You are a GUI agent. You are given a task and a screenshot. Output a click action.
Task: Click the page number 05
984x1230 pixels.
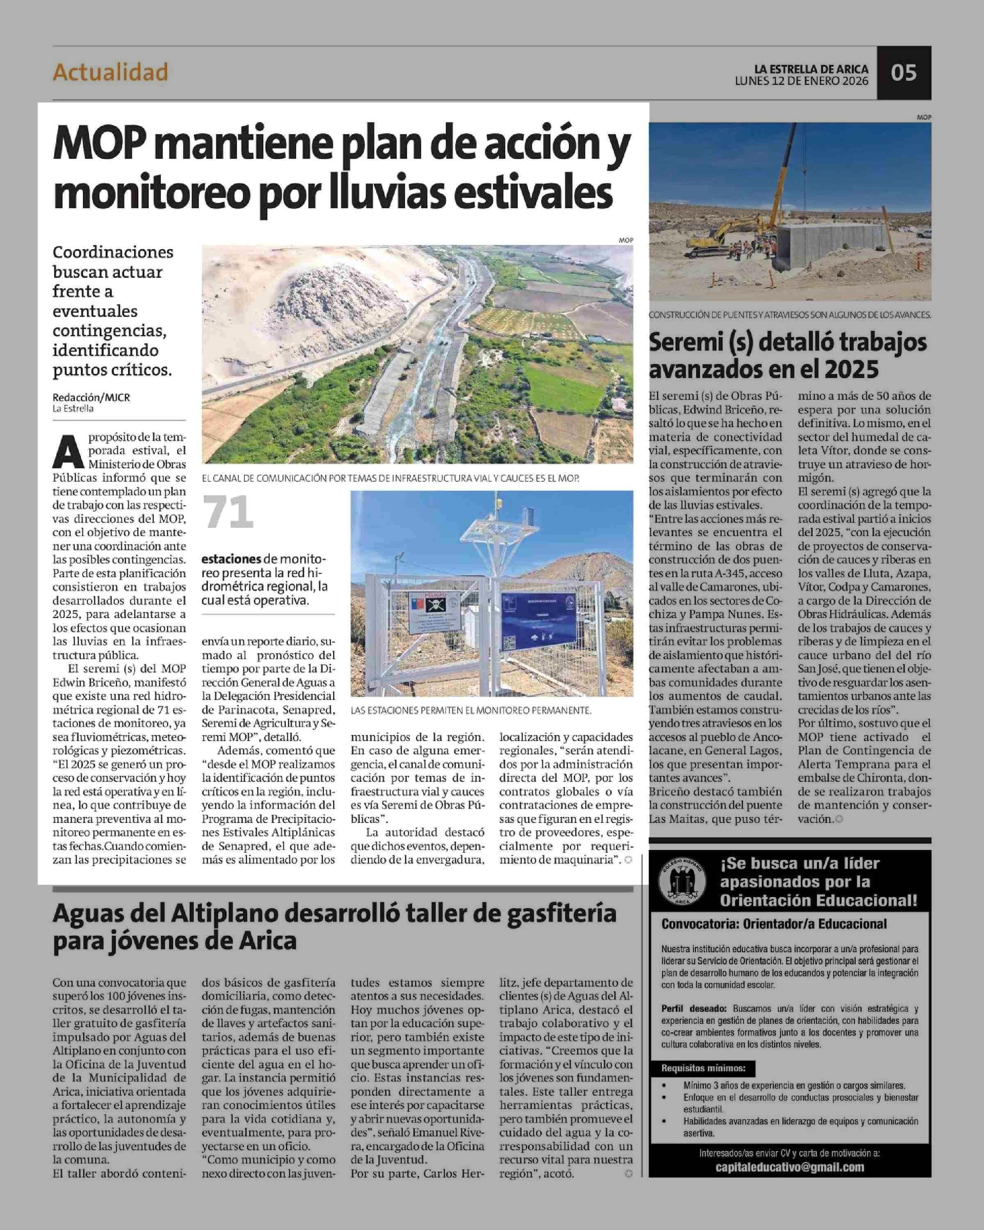pos(904,73)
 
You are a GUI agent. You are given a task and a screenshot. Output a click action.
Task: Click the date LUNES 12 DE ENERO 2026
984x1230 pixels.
pos(802,81)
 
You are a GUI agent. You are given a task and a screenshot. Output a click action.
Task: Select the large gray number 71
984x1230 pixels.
pos(228,512)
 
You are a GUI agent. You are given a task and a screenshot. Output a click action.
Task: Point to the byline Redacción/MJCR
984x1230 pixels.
pos(91,397)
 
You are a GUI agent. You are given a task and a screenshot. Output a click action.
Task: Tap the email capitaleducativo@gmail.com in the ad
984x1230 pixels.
pos(790,1167)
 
